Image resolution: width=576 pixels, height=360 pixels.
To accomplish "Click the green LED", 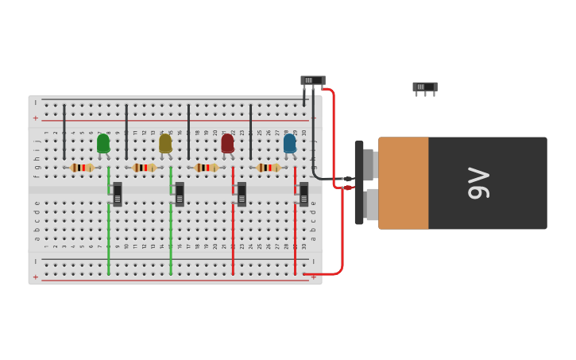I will pos(103,143).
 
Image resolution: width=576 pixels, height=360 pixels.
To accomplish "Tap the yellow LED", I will pos(165,143).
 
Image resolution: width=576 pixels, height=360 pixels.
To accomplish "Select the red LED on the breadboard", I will pos(227,143).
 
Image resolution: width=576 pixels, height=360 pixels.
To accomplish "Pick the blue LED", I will pos(289,143).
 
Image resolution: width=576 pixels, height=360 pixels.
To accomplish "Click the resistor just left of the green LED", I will pos(81,168).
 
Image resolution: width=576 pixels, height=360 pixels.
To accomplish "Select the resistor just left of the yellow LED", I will pos(144,168).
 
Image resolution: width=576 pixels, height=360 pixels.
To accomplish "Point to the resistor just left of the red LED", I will pos(206,168).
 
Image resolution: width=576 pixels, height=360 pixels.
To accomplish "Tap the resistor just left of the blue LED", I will pos(268,168).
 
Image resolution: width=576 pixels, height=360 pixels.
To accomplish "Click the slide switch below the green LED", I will pos(118,194).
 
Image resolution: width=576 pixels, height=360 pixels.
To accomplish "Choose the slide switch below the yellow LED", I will pos(180,194).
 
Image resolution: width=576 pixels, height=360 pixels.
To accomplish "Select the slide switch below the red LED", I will pos(242,194).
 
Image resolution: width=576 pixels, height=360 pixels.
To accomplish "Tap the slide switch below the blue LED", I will pos(303,194).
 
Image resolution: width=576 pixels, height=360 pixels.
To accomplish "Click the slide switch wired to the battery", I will pos(312,80).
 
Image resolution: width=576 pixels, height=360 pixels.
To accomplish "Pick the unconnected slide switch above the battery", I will pos(424,87).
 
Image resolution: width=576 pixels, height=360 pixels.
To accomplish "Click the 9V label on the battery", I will pos(478,183).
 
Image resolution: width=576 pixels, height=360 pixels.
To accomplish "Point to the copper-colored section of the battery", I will pos(404,183).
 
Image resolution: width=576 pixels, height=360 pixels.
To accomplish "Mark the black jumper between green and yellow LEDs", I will pos(126,131).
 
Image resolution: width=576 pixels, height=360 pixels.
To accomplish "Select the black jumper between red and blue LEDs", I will pos(250,131).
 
